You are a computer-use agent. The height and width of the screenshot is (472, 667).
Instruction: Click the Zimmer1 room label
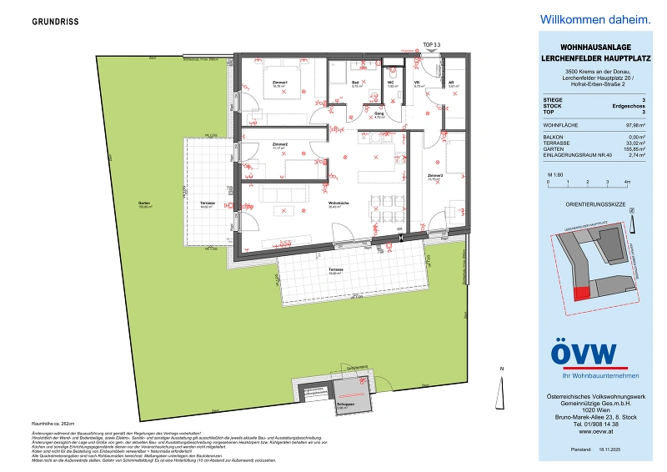pyautogui.click(x=279, y=83)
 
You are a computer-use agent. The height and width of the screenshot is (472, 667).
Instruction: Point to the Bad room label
pyautogui.click(x=354, y=83)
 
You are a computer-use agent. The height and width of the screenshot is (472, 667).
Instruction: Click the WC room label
pyautogui.click(x=390, y=83)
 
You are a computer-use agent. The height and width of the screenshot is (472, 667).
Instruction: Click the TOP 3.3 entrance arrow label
pyautogui.click(x=431, y=43)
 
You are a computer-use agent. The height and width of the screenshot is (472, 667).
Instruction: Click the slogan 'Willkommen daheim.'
pyautogui.click(x=584, y=19)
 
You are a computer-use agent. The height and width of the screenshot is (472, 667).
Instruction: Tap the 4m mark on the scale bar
pyautogui.click(x=627, y=181)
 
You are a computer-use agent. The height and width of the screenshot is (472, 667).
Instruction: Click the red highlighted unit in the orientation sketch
pyautogui.click(x=580, y=291)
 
